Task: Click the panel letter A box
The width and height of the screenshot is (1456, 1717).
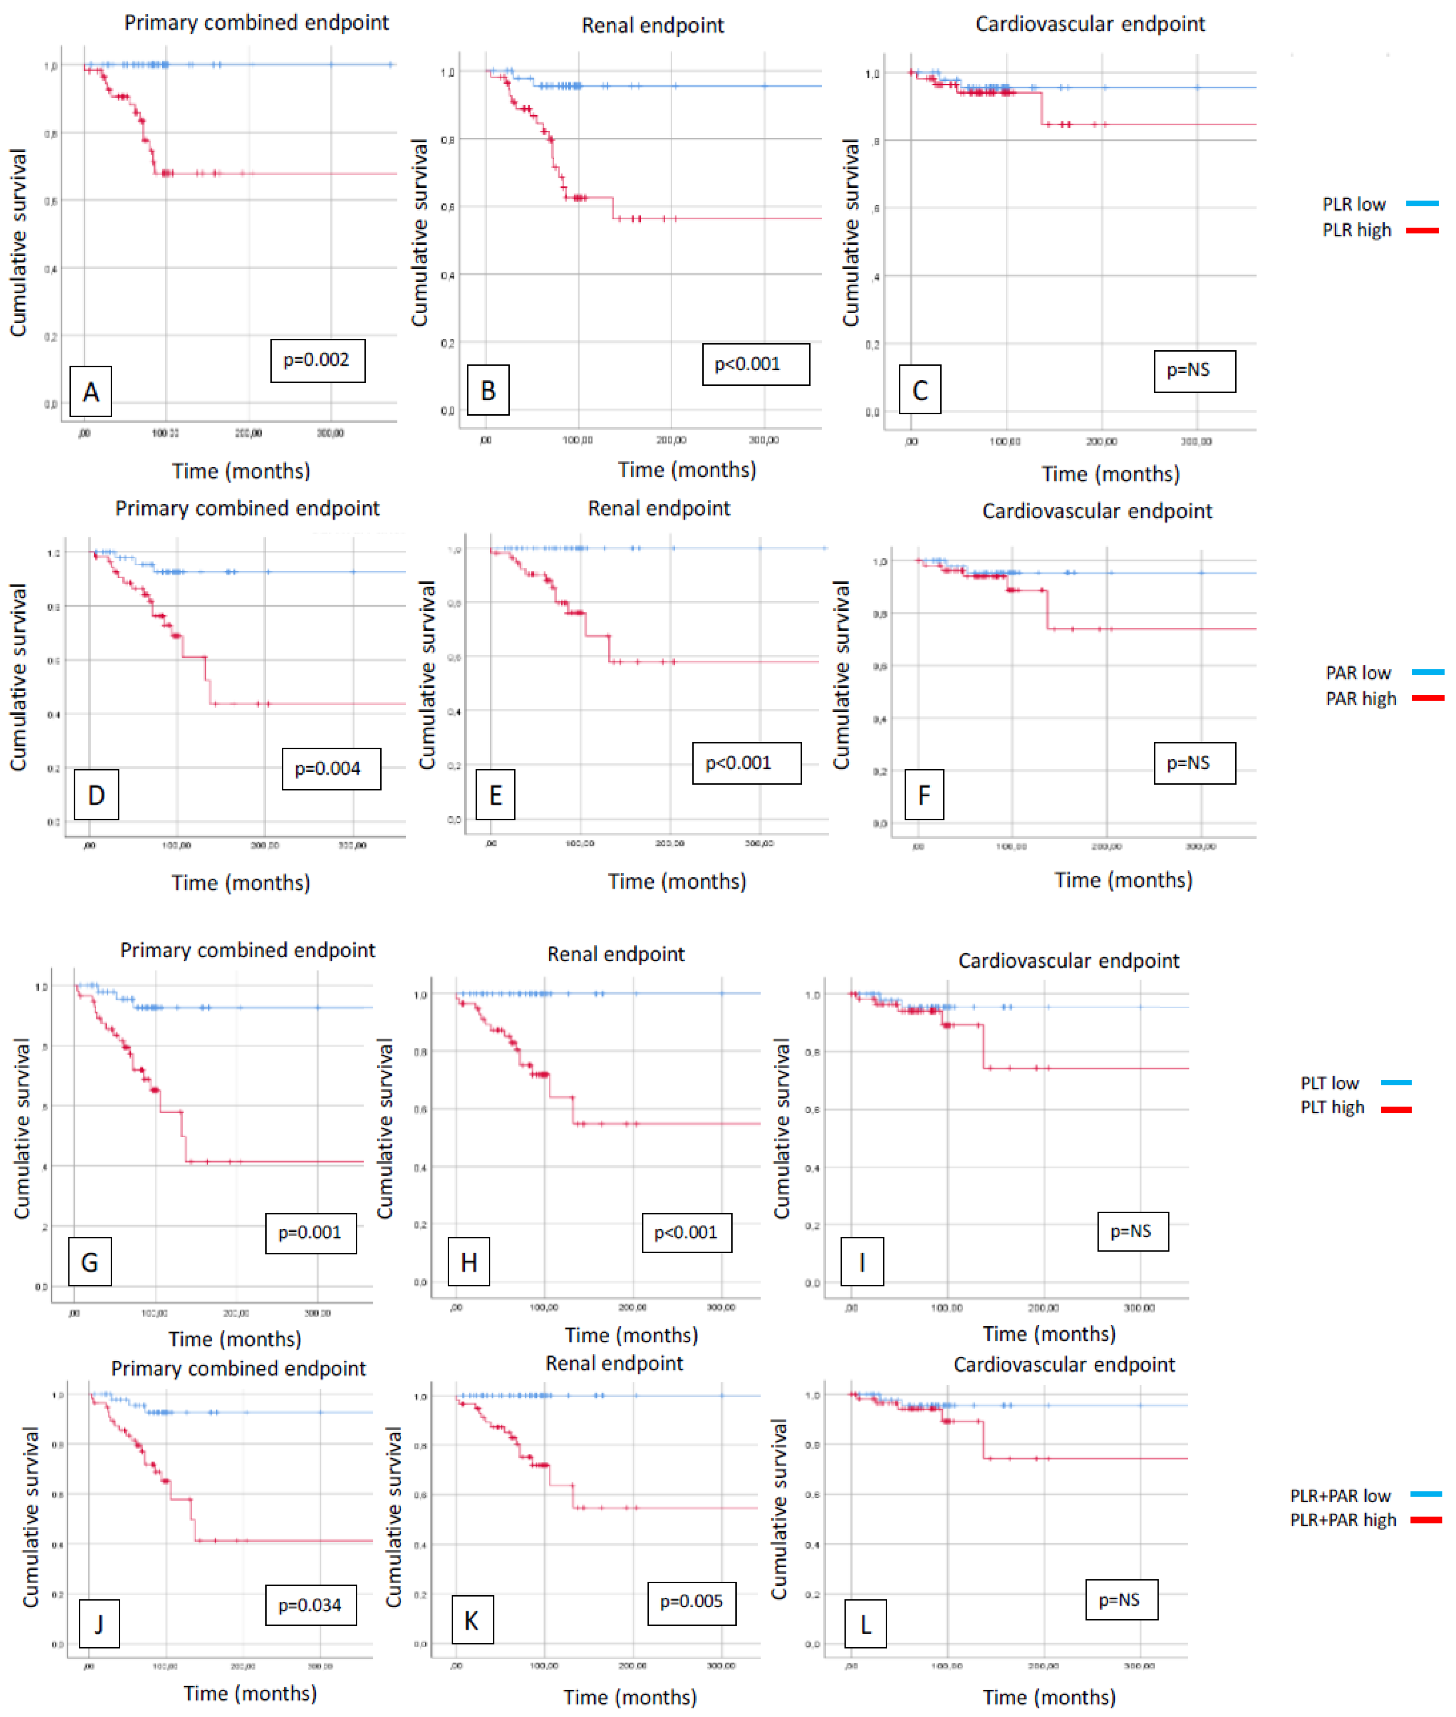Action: [91, 391]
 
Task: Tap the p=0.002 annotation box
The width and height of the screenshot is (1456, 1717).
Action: [317, 360]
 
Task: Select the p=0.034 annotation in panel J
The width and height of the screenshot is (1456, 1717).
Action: [310, 1605]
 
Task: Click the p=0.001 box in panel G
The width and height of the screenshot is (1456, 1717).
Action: [310, 1233]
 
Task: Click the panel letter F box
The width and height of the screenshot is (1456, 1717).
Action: [924, 795]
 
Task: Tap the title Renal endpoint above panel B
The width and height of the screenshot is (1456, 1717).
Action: [652, 26]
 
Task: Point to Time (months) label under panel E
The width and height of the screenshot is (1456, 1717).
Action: [677, 881]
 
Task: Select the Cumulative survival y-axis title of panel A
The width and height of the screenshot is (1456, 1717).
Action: [18, 243]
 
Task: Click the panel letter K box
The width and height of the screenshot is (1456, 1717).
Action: [471, 1621]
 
